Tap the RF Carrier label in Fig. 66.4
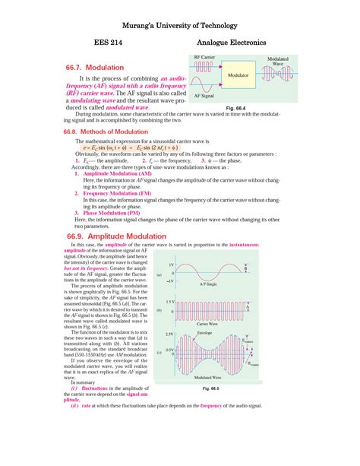[205, 57]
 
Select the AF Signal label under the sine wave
[204, 97]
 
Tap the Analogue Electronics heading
[231, 43]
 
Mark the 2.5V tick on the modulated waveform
[169, 334]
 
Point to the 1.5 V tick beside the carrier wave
[170, 302]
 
